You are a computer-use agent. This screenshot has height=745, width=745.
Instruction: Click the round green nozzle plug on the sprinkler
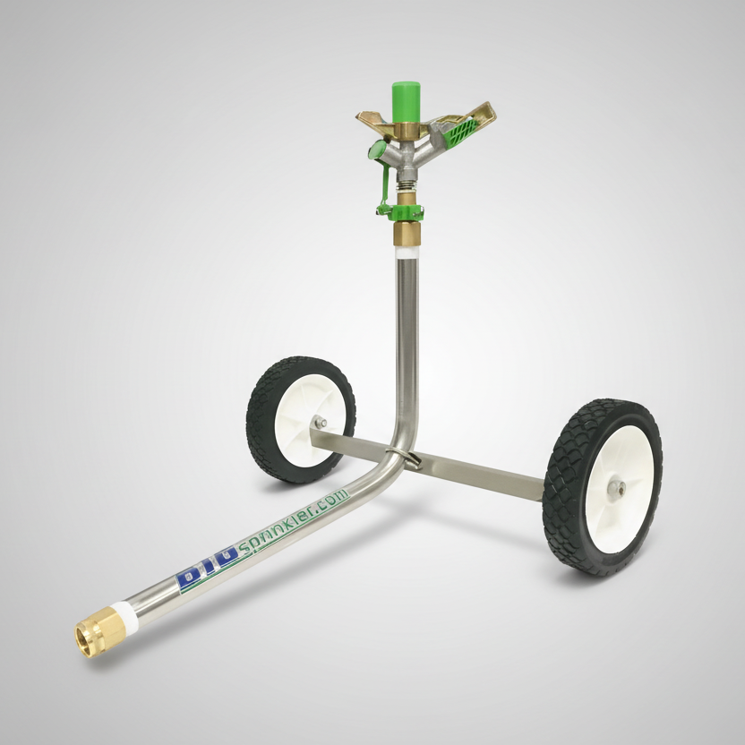tap(377, 150)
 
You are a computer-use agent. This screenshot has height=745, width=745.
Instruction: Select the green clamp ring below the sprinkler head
tap(400, 211)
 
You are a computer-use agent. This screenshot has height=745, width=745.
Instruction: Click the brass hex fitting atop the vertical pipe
tap(406, 235)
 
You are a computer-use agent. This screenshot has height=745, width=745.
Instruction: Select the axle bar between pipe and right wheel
tap(484, 473)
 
